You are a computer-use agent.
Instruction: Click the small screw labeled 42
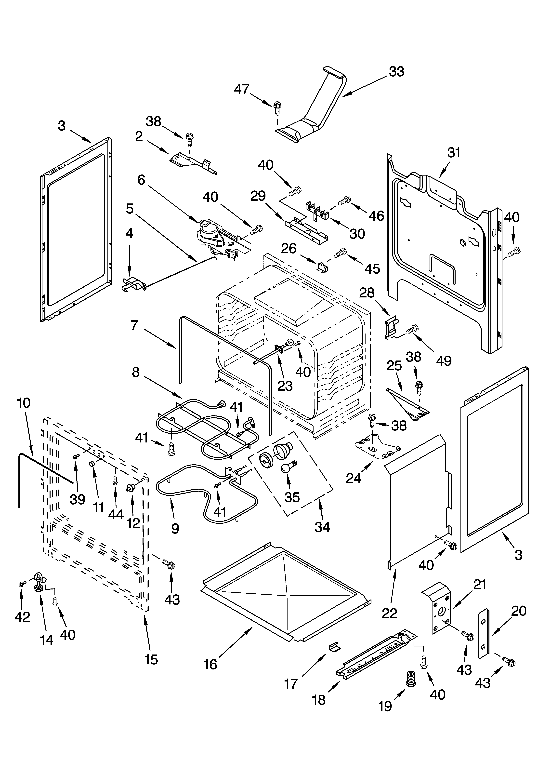tap(21, 584)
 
